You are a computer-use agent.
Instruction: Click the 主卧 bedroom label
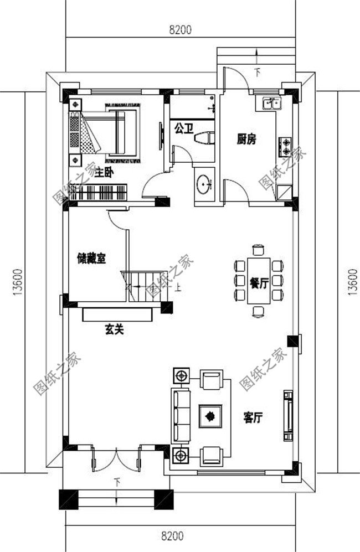(x=104, y=173)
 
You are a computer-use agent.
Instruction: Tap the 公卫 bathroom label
(x=183, y=128)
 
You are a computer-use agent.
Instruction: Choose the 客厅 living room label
(x=253, y=417)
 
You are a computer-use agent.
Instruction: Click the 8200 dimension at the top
(x=180, y=30)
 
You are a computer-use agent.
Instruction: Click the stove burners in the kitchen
(x=286, y=145)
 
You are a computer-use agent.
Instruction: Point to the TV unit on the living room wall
(x=287, y=412)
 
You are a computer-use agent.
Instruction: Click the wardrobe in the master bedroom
(x=99, y=192)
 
